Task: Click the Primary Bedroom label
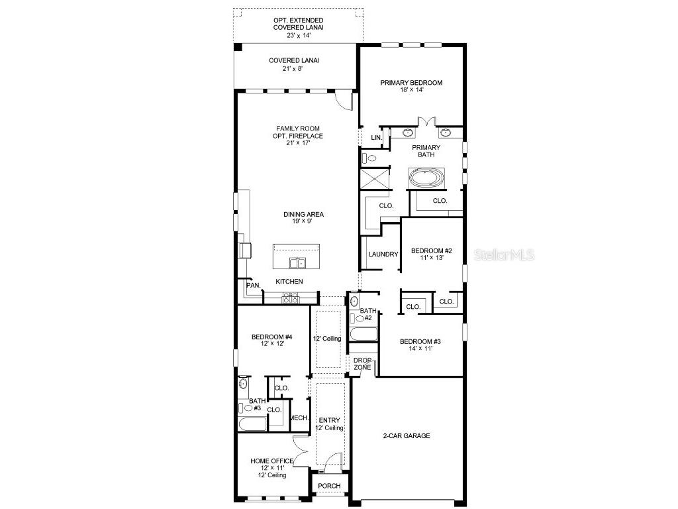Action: point(411,86)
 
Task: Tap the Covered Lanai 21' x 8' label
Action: point(293,64)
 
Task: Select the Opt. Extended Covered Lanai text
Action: point(297,25)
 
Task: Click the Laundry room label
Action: point(383,254)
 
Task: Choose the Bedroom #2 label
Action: point(431,254)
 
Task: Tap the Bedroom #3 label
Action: point(420,345)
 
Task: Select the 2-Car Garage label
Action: point(406,436)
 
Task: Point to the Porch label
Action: point(329,486)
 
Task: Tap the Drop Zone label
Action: point(362,363)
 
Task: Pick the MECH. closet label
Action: point(299,418)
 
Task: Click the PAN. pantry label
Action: point(253,286)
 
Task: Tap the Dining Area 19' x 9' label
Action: point(303,218)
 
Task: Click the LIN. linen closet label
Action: point(376,138)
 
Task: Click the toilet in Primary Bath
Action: point(370,158)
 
